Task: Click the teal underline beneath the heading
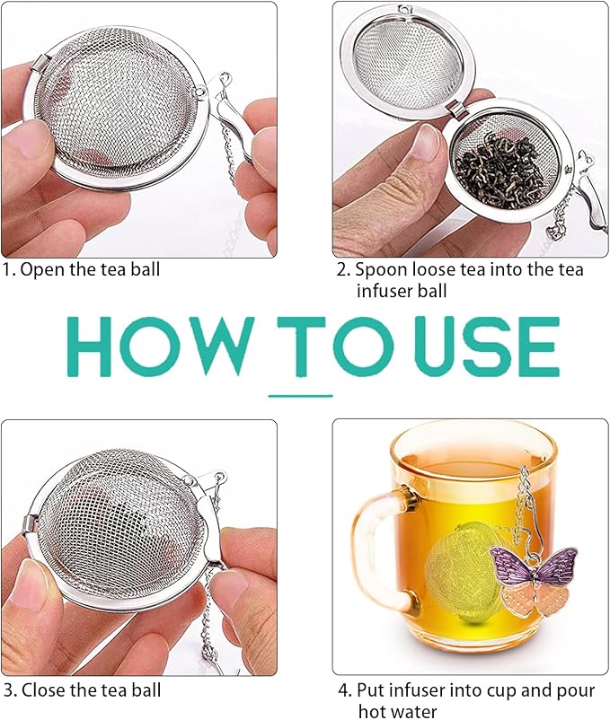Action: [301, 394]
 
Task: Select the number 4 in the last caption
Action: [343, 690]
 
